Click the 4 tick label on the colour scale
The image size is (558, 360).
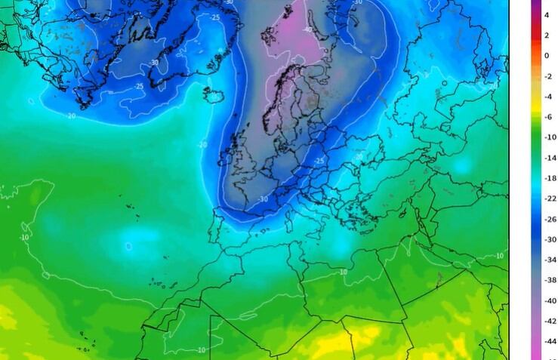(547, 14)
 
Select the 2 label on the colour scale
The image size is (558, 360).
(547, 35)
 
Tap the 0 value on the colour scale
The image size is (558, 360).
(547, 55)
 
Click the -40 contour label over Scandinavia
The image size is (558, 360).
(308, 29)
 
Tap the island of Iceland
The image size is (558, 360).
(214, 95)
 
